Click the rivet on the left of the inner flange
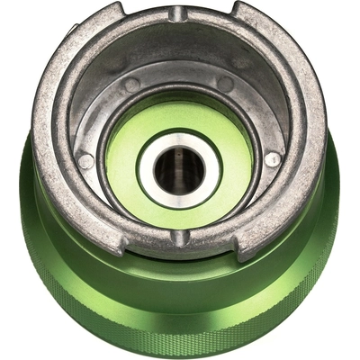86,162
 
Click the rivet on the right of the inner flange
272,159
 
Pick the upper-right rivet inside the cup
226,84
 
